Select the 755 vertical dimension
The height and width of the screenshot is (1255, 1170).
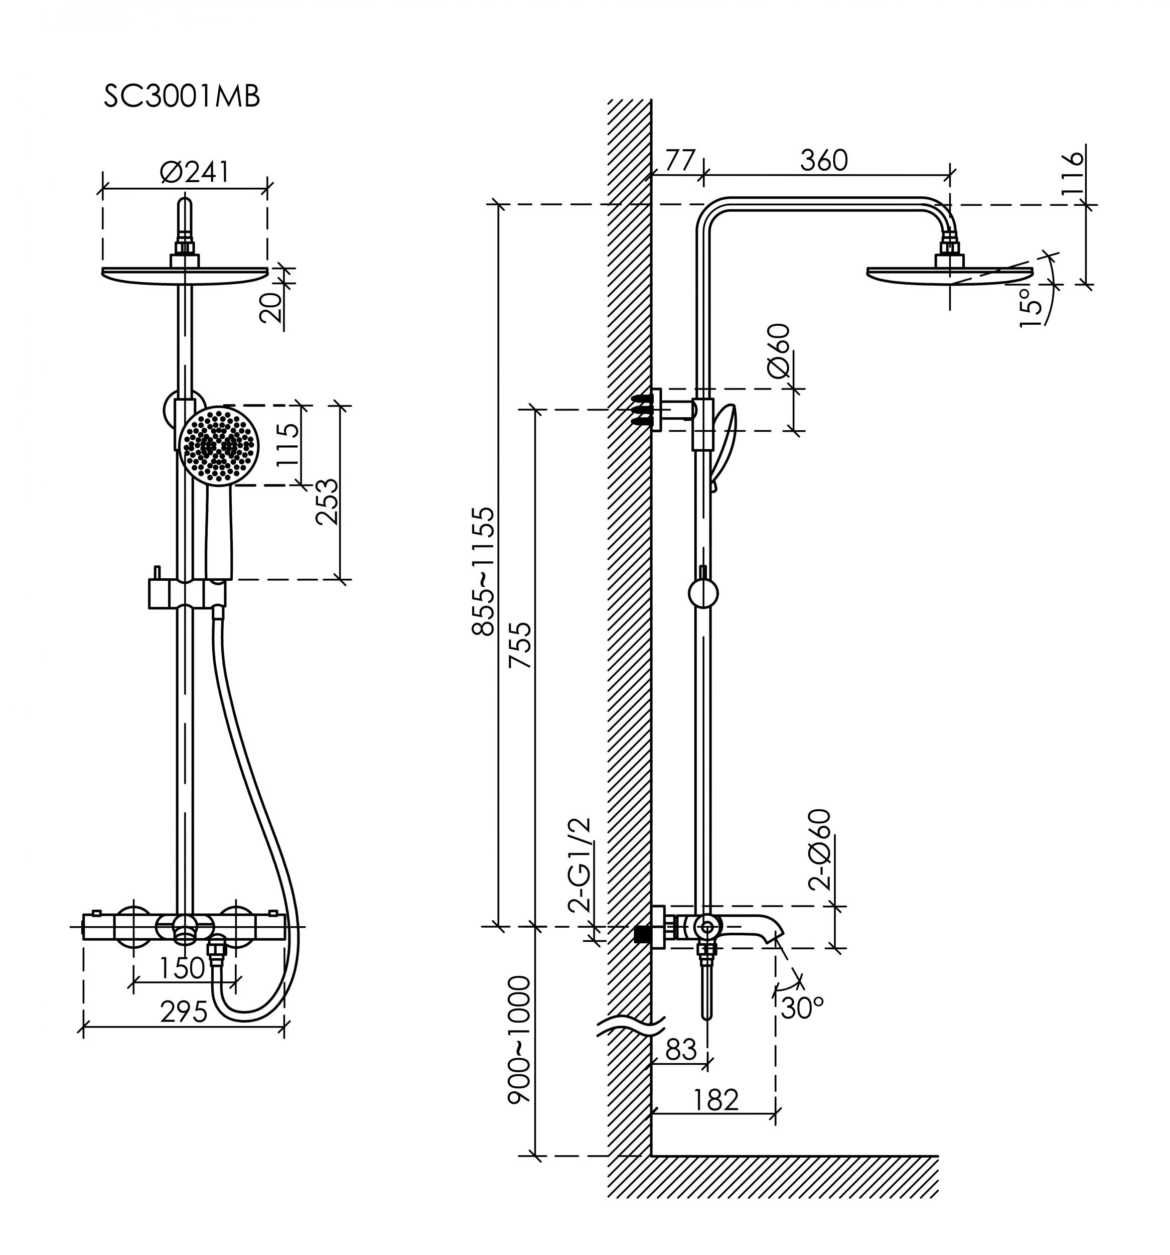[521, 645]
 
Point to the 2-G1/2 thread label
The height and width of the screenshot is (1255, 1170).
[580, 865]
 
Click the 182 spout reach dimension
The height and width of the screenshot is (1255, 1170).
[715, 1100]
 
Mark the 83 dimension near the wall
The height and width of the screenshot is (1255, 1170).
[681, 1050]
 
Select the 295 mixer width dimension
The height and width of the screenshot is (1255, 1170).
[184, 1013]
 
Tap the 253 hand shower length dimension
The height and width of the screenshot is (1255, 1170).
[328, 502]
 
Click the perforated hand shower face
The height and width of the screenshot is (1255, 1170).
[219, 446]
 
